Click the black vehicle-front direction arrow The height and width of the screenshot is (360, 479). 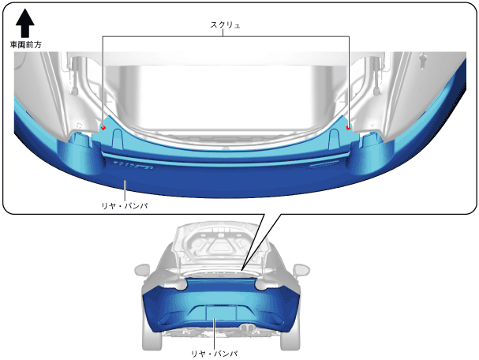click(25, 23)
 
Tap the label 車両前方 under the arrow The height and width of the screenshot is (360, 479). click(26, 45)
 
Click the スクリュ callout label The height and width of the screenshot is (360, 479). click(225, 24)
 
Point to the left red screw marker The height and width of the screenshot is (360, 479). click(103, 127)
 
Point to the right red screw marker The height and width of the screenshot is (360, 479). click(348, 128)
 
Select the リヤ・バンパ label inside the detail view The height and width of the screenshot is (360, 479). click(125, 206)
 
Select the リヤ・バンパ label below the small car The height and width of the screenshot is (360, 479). click(215, 354)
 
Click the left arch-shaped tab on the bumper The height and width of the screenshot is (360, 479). click(118, 138)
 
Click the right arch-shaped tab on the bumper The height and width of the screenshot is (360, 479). click(335, 139)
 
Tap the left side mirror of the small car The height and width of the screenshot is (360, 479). click(142, 271)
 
